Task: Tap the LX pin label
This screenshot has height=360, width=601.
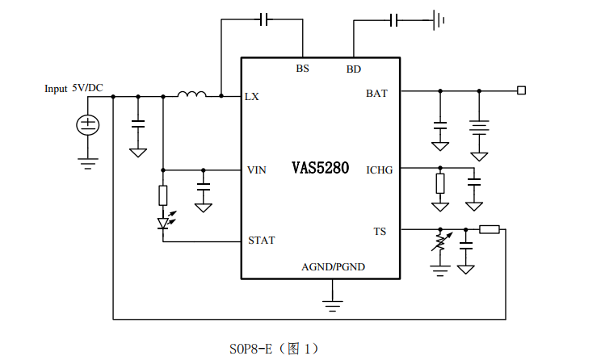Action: coord(252,96)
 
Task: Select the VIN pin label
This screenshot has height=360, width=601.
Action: coord(256,170)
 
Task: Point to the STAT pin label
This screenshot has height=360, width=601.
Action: coord(261,241)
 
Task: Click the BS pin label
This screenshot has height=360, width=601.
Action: coord(302,69)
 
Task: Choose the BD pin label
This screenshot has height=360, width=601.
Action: coord(354,69)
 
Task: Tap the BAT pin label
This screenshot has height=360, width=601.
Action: coord(376,94)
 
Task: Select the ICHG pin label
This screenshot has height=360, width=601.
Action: coord(379,170)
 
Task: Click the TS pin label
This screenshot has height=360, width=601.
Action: coord(380,232)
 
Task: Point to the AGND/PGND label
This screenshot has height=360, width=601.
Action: coord(333,266)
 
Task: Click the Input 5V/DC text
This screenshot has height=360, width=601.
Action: coord(74,88)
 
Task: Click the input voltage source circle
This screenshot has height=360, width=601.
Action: coord(87,124)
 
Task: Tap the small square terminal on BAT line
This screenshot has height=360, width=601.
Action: coord(522,90)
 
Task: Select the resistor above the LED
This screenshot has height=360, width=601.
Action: coord(163,195)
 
